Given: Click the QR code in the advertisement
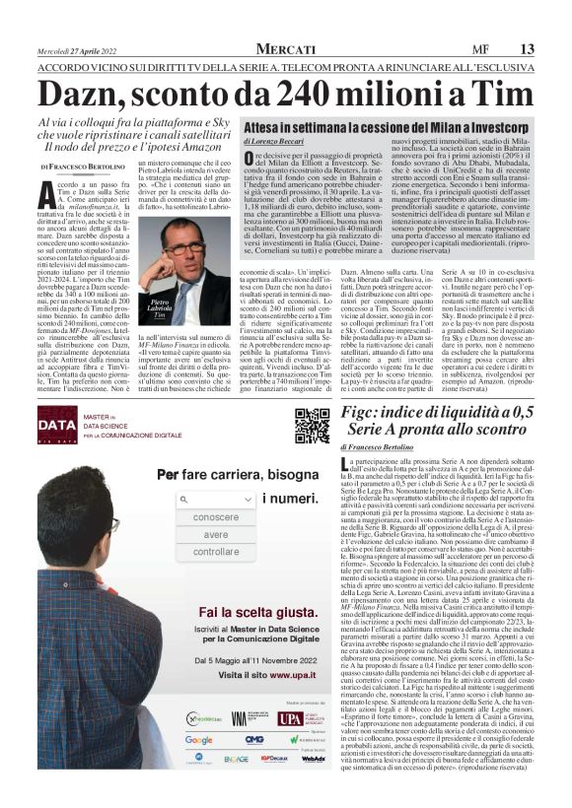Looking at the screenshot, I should pyautogui.click(x=312, y=426).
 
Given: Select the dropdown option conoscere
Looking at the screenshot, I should pyautogui.click(x=216, y=517).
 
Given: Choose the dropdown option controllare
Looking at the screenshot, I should pyautogui.click(x=216, y=552).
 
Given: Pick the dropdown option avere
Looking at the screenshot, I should pyautogui.click(x=216, y=534).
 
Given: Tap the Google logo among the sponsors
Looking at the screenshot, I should pyautogui.click(x=198, y=740).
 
